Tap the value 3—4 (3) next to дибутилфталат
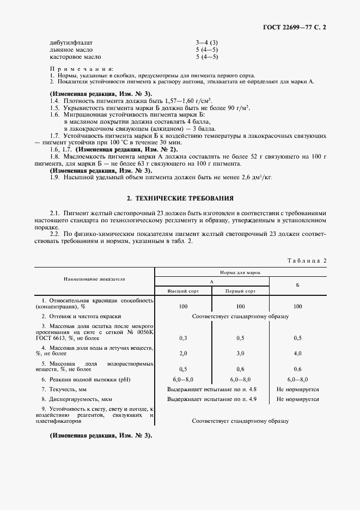coord(206,42)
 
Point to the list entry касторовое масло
coord(75,56)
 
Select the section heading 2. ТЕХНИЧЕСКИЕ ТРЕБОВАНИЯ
coord(180,198)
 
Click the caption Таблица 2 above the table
coord(306,260)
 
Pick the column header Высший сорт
coord(183,291)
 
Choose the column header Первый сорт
coord(240,291)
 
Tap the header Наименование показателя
coord(94,278)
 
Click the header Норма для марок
coord(240,271)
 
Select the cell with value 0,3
coord(183,338)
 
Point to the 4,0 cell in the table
coord(297,353)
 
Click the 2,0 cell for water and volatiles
coord(183,353)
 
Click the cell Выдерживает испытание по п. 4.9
coord(212,399)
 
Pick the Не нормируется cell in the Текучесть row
coord(297,389)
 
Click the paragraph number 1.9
coord(54,177)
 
